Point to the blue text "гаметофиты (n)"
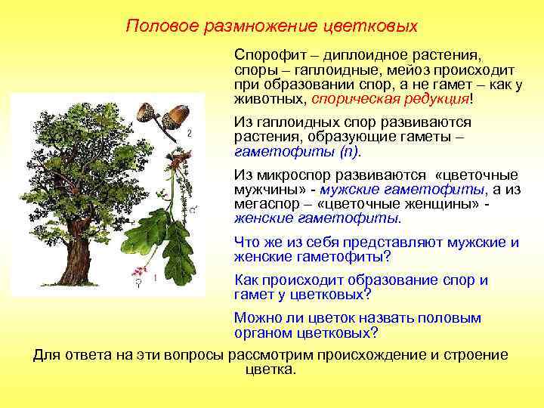(298, 151)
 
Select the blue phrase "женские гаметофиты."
(318, 218)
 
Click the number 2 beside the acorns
(189, 134)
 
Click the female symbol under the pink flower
(138, 284)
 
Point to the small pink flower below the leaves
(138, 272)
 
